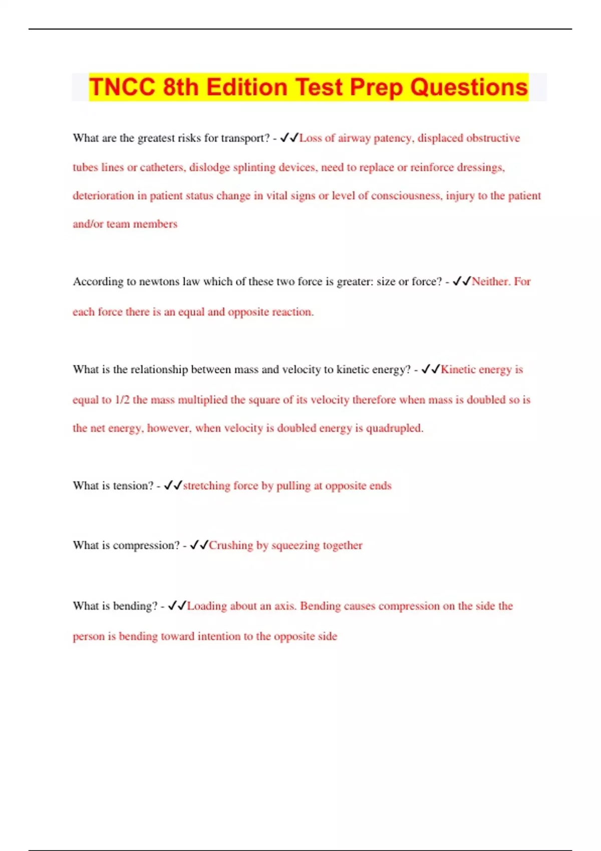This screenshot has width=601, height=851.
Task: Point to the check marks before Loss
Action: point(289,138)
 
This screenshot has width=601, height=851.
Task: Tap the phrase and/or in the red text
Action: point(88,224)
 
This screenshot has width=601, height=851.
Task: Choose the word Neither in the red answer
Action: point(490,282)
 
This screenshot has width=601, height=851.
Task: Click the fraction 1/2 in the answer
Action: point(122,400)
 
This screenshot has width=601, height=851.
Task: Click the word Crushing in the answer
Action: point(231,545)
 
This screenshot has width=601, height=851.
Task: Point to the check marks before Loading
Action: point(177,606)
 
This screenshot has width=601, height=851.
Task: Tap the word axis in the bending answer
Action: point(285,606)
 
